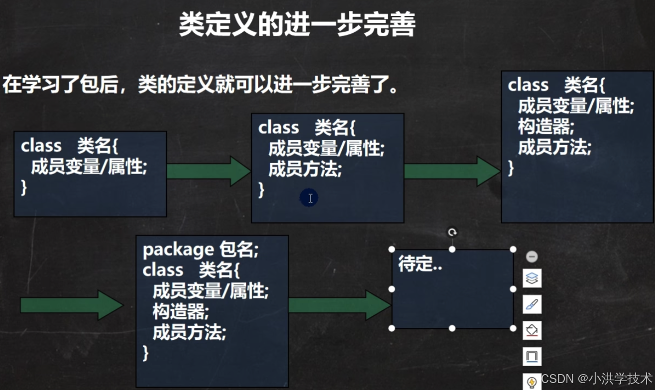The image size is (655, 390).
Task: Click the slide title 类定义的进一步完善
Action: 297,25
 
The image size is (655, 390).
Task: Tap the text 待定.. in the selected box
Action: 420,265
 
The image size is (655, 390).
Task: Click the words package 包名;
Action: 201,250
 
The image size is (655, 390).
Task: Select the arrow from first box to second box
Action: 209,171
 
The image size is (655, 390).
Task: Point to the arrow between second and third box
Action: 452,171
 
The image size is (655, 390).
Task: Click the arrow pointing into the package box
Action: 71,305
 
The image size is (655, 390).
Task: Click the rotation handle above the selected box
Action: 452,232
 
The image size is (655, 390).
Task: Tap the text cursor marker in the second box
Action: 310,198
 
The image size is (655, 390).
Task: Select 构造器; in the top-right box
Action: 546,127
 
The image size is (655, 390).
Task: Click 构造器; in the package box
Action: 180,312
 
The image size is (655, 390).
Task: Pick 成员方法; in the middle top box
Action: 305,170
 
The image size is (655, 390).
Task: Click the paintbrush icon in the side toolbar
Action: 532,304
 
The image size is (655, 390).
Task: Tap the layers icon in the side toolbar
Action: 532,278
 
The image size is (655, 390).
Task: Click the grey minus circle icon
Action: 532,257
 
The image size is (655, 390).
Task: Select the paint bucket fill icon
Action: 532,330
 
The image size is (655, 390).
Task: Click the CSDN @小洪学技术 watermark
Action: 596,378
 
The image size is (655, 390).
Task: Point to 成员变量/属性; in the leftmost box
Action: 89,167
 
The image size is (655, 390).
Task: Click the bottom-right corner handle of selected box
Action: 513,328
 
